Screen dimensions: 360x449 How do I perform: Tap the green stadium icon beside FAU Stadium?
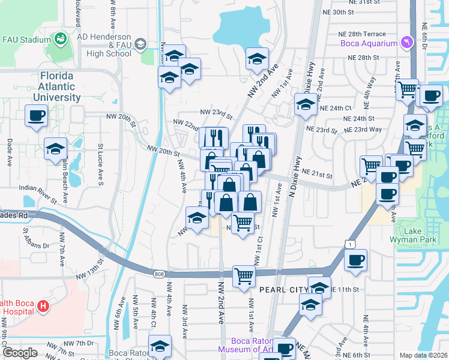[x=61, y=40]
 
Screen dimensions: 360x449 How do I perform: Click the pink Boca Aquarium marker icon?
[x=408, y=42]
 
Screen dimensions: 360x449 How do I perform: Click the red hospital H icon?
[x=43, y=306]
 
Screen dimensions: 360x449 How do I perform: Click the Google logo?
[x=20, y=353]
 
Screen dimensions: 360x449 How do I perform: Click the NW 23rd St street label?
[x=216, y=112]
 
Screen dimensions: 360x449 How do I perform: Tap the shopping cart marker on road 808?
[x=244, y=277]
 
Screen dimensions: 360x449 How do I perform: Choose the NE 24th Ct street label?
[x=336, y=108]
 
